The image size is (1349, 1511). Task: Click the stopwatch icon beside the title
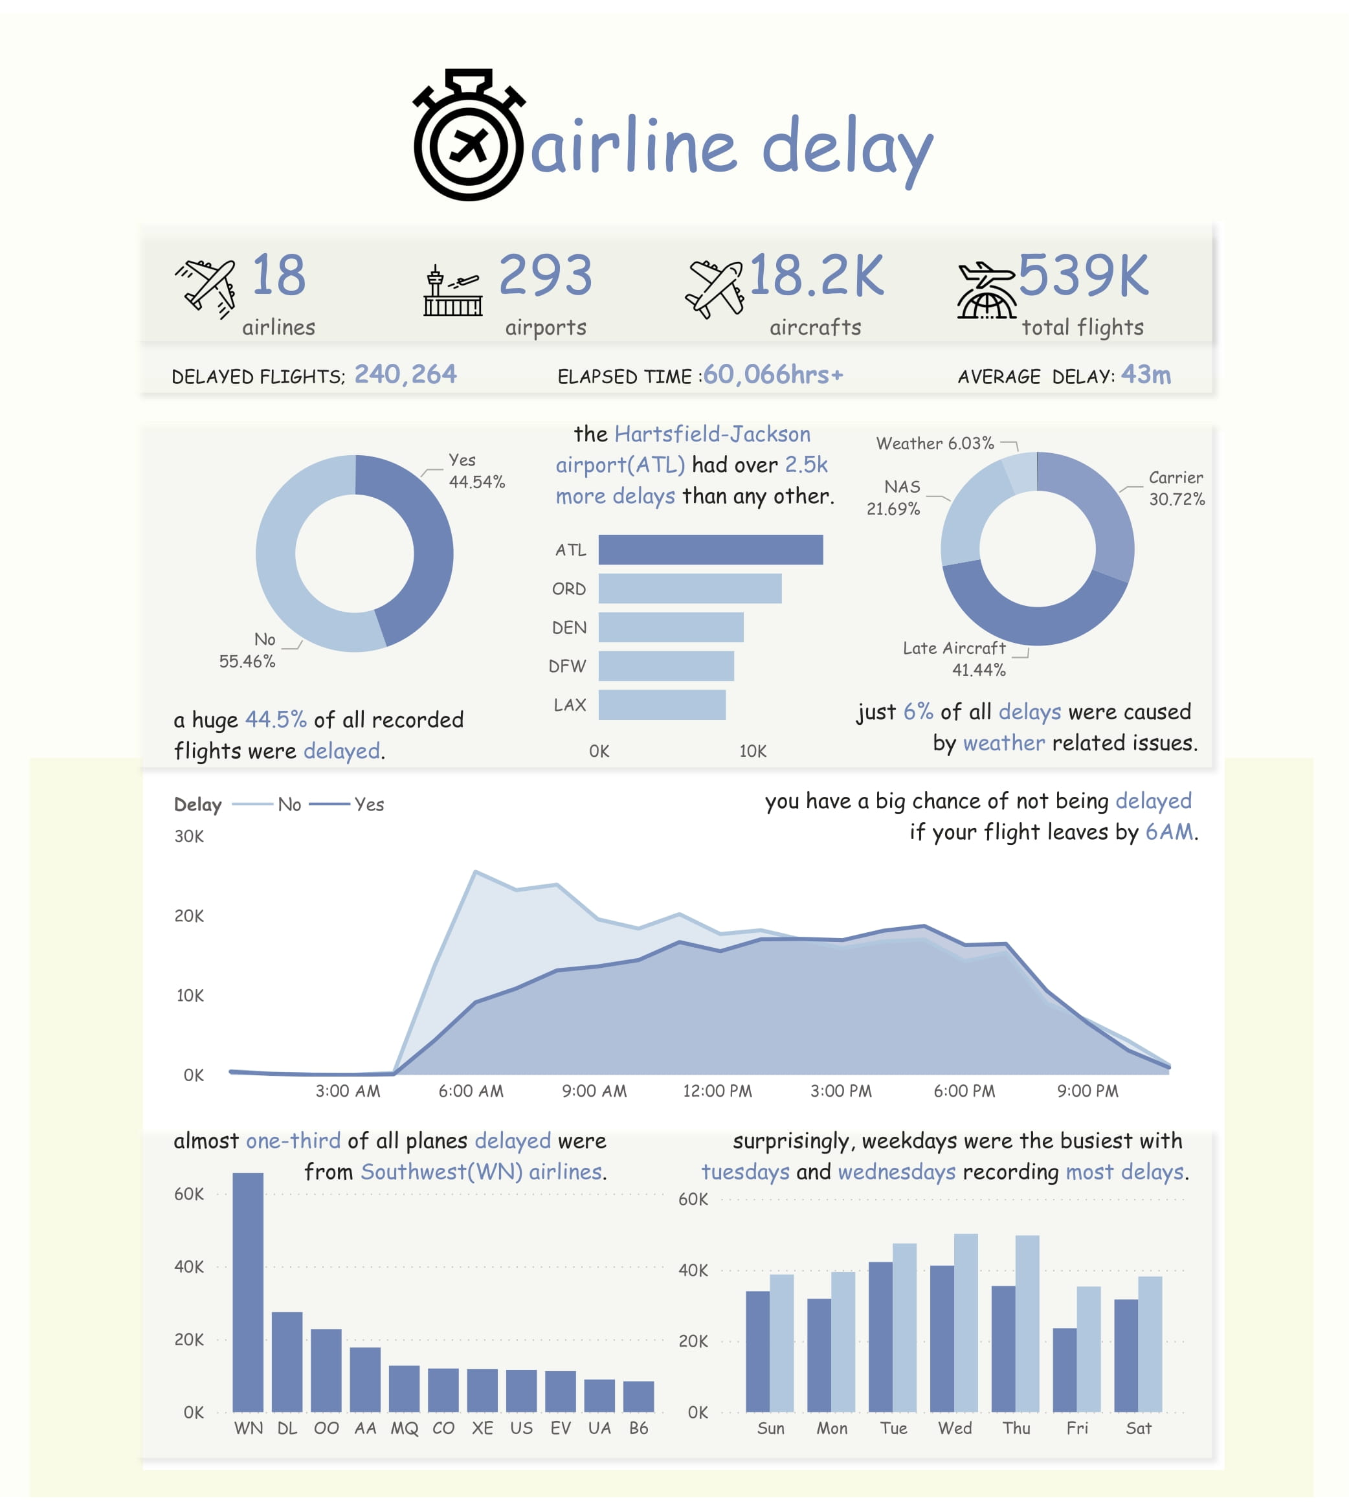(469, 137)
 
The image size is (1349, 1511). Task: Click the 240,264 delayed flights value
(405, 375)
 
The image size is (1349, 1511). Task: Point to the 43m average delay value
(1146, 375)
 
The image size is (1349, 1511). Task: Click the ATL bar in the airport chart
(710, 550)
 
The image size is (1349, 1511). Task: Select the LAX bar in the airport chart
(661, 704)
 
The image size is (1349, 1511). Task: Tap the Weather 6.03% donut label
(935, 443)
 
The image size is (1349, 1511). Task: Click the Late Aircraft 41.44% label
(955, 658)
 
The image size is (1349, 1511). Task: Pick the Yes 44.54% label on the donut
(476, 471)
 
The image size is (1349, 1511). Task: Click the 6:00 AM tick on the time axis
(471, 1091)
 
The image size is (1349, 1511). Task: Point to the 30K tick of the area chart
(189, 836)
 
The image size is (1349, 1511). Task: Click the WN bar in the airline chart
(247, 1292)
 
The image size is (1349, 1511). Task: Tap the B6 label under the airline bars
(638, 1428)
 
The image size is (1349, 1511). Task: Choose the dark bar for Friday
(1064, 1369)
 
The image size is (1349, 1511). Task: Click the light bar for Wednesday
(966, 1323)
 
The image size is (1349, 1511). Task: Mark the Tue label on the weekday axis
(893, 1428)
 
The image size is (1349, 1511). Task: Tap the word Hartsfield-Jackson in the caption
(712, 434)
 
